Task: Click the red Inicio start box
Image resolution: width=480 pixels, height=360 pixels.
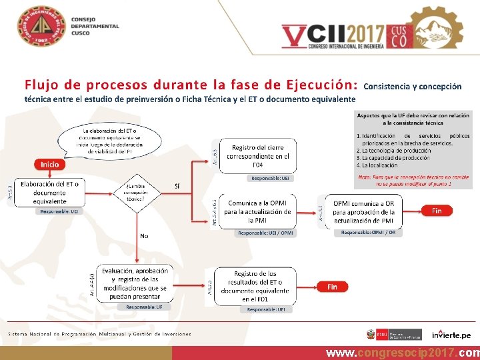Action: (50, 164)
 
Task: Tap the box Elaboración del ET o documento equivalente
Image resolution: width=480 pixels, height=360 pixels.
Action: (50, 193)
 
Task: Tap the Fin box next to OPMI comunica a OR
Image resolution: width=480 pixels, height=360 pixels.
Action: (437, 211)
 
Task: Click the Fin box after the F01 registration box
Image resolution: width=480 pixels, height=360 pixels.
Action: (332, 287)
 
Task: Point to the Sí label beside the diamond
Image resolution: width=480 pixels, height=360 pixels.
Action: (177, 185)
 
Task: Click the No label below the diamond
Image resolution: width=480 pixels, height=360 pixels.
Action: (144, 235)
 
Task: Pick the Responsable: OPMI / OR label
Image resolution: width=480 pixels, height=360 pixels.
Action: (368, 233)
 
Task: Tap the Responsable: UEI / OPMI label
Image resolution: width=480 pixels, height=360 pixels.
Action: (265, 233)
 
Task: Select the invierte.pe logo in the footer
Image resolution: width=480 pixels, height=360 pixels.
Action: (451, 334)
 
